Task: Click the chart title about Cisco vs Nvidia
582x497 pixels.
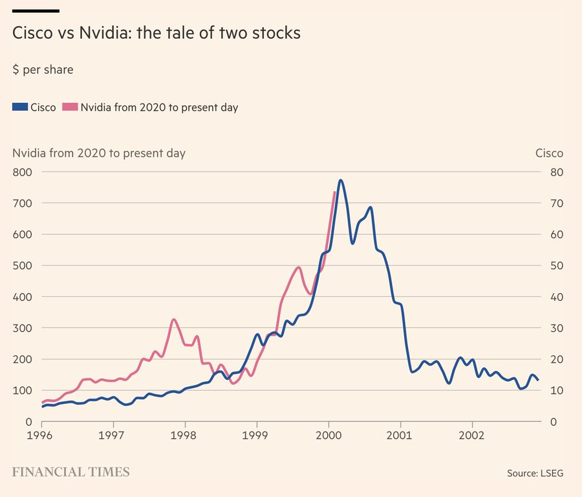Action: [x=156, y=33]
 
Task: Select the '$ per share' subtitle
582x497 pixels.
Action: [x=43, y=70]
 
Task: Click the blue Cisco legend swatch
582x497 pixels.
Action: [x=20, y=107]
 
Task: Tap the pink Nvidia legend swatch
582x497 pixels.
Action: [x=70, y=107]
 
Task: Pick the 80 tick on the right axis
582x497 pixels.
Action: [x=555, y=172]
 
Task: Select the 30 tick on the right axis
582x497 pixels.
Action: [x=555, y=328]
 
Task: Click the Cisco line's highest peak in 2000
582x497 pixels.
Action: [x=341, y=181]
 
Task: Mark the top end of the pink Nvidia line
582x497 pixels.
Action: [x=334, y=192]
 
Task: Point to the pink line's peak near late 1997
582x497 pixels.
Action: [x=174, y=320]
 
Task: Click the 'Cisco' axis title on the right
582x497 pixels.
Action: [x=549, y=153]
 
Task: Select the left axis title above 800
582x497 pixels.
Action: [x=99, y=153]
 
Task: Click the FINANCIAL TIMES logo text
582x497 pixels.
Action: [x=71, y=472]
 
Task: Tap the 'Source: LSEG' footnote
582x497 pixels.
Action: [x=535, y=474]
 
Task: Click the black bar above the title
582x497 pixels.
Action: [x=36, y=11]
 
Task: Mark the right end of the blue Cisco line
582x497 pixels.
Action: [x=538, y=380]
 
